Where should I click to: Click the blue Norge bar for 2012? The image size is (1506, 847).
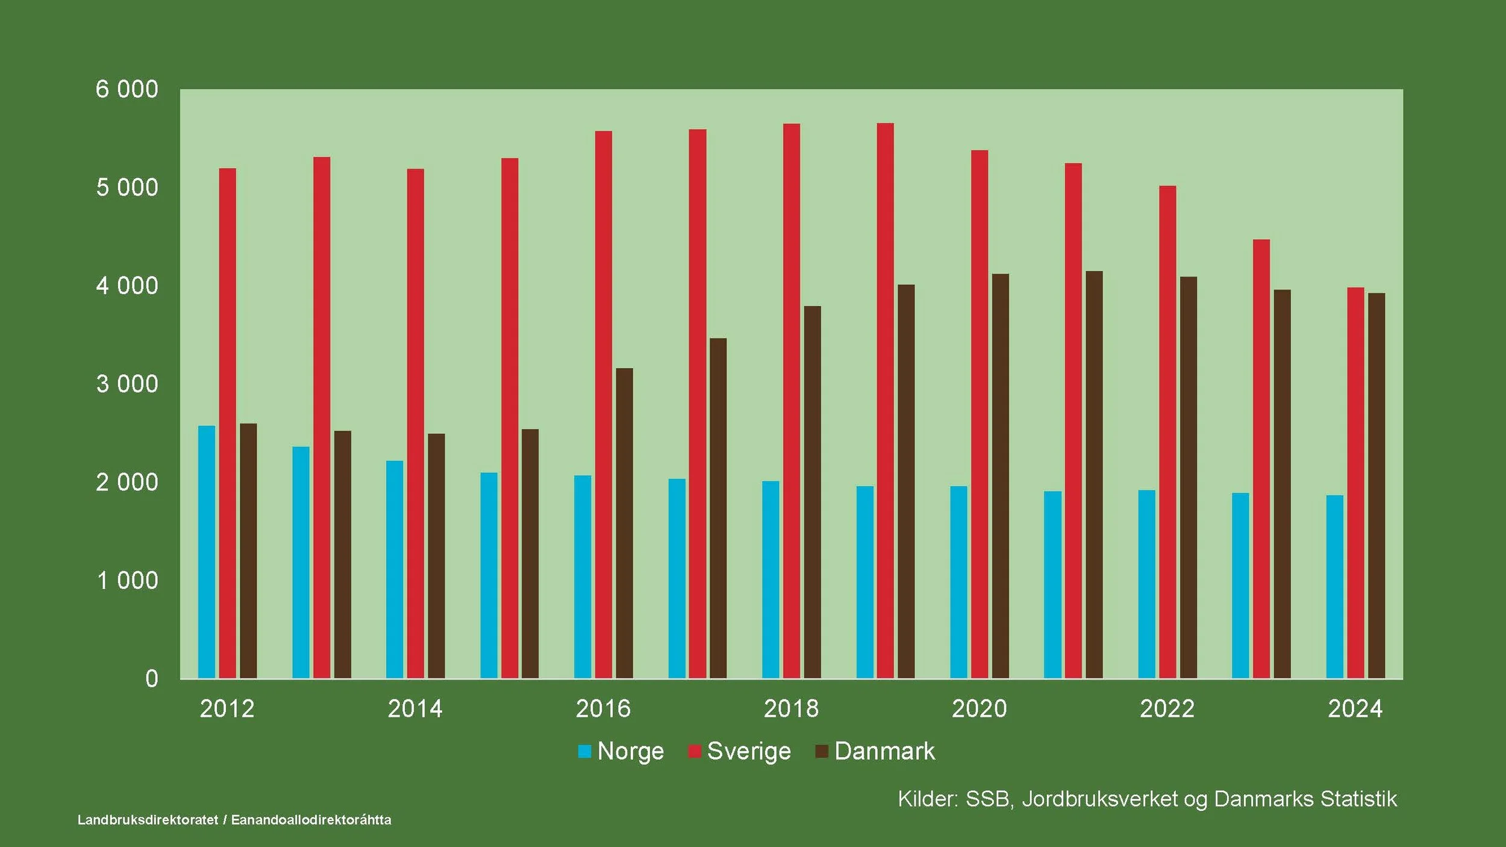207,552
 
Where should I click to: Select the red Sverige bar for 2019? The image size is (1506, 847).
885,401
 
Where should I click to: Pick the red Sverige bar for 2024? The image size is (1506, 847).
1355,483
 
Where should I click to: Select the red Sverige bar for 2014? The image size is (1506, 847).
415,423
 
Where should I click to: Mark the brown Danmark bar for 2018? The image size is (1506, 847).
812,492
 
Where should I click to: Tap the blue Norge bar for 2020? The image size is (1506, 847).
958,582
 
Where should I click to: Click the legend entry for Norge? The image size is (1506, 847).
621,751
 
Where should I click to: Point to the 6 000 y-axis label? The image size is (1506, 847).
127,89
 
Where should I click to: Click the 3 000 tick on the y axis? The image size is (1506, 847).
127,384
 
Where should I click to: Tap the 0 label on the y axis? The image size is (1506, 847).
152,679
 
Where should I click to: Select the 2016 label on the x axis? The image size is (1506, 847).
603,708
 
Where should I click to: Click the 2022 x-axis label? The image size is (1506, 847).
1167,708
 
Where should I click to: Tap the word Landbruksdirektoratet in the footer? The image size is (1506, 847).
148,820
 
